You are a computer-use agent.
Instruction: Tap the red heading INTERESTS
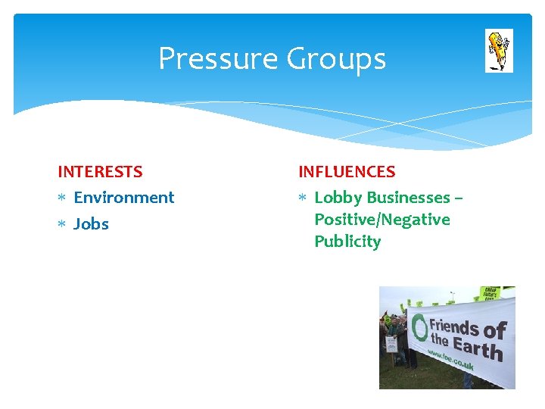pyautogui.click(x=100, y=172)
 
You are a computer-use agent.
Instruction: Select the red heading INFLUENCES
pyautogui.click(x=347, y=172)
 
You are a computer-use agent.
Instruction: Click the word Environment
pyautogui.click(x=123, y=198)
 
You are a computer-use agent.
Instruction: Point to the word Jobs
pyautogui.click(x=91, y=224)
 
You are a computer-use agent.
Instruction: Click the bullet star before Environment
pyautogui.click(x=62, y=198)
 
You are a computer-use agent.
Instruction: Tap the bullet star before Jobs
pyautogui.click(x=62, y=224)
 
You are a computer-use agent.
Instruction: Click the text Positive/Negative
pyautogui.click(x=381, y=220)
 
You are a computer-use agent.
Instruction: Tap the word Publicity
pyautogui.click(x=347, y=242)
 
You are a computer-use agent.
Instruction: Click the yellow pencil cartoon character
pyautogui.click(x=498, y=50)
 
